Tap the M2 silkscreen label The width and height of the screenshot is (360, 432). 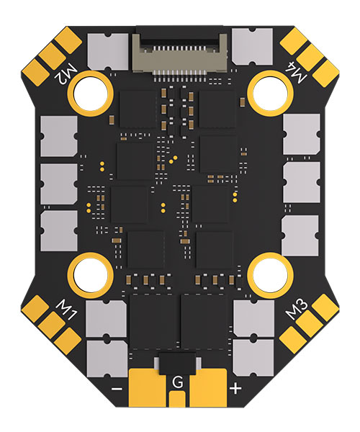pyautogui.click(x=66, y=75)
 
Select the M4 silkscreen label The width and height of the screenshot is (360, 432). pyautogui.click(x=295, y=73)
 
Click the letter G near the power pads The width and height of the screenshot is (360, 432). pyautogui.click(x=177, y=382)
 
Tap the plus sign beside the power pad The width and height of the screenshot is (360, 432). pyautogui.click(x=235, y=389)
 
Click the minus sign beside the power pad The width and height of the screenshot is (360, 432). pyautogui.click(x=117, y=389)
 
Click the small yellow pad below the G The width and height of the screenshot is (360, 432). pyautogui.click(x=177, y=400)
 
